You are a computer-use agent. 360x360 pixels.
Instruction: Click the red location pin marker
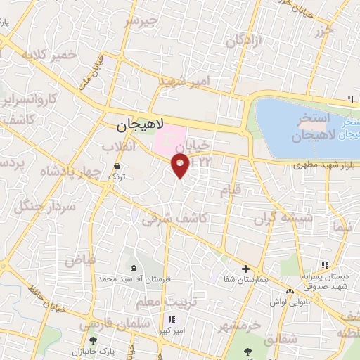(181, 166)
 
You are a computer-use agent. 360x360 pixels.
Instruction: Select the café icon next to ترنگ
(115, 166)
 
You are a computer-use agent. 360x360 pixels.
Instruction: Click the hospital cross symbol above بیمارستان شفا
(245, 269)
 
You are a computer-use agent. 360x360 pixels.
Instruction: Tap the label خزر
(323, 31)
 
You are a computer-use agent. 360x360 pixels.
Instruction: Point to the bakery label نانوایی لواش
(290, 302)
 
